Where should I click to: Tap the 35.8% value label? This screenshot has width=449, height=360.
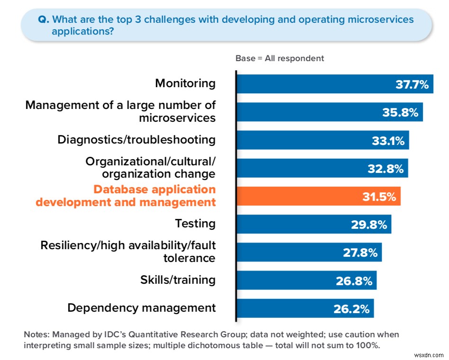pos(400,112)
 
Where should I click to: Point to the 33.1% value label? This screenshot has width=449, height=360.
pos(387,140)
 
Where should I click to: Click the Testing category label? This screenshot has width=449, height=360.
pos(195,223)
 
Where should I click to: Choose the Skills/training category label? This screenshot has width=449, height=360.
pos(178,279)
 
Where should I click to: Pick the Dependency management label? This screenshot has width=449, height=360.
pos(141,307)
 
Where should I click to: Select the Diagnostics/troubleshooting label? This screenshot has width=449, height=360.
pos(136,140)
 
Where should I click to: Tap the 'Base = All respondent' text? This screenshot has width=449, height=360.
pos(279,58)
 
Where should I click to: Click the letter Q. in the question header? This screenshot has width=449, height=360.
pos(43,20)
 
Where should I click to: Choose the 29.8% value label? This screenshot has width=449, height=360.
pos(369,225)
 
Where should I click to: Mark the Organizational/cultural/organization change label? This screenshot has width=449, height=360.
pos(150,168)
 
